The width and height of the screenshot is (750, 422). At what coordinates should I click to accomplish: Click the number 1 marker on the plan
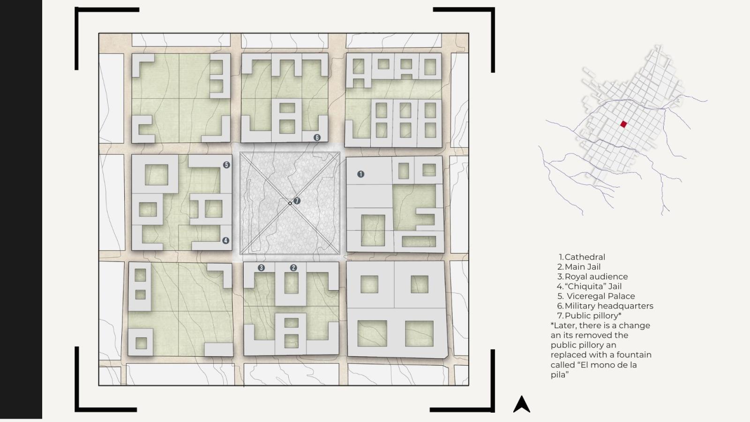coord(360,174)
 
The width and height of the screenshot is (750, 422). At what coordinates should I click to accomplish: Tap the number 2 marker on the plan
coord(293,268)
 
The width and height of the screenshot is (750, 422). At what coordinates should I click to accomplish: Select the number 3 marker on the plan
coord(261,268)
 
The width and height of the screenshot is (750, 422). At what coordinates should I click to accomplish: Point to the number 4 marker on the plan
coord(225,240)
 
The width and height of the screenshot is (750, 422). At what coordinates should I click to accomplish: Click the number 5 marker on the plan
coord(227,165)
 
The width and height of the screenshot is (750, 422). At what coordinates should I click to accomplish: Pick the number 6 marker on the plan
coord(317,137)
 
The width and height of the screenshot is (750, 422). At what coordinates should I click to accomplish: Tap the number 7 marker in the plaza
coord(297,201)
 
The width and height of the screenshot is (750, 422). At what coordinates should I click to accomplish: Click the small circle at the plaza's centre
coord(290,203)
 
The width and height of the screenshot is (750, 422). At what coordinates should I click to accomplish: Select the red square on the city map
coord(623,124)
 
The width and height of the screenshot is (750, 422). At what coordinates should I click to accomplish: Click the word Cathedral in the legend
coord(585,257)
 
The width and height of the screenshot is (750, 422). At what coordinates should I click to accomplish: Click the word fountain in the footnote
coord(634,354)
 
